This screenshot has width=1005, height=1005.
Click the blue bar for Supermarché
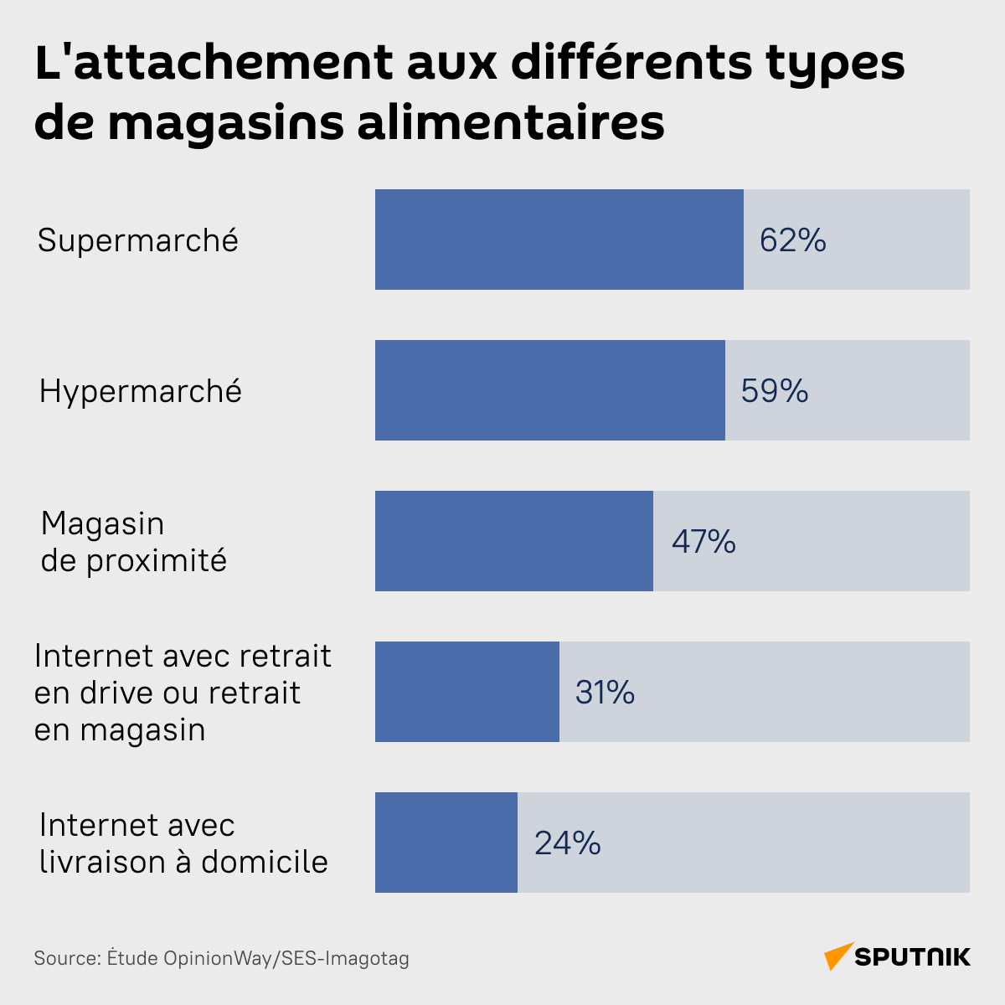[559, 240]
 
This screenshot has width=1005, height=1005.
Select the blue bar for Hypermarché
[549, 390]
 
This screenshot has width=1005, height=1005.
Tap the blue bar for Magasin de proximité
[513, 541]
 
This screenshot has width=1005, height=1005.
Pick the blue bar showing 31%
[466, 692]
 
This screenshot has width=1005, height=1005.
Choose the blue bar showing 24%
[446, 843]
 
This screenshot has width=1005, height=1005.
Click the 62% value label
[792, 240]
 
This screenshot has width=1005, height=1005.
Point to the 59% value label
[774, 391]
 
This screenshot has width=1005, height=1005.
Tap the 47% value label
[703, 542]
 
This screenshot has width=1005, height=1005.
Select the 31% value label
[605, 693]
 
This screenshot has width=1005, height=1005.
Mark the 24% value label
[567, 843]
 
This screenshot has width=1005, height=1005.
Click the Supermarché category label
[138, 241]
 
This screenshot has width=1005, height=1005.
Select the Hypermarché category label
[141, 392]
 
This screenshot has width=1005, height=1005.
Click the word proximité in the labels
[157, 561]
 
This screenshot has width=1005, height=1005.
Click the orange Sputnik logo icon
[837, 956]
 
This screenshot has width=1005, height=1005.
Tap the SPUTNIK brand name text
[913, 956]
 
